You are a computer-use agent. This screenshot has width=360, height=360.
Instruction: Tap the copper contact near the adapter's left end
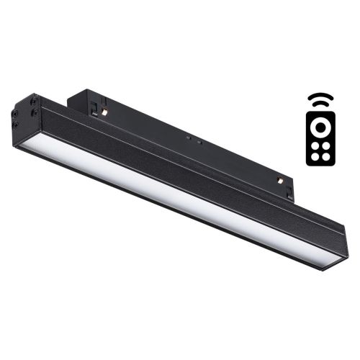point(105,112)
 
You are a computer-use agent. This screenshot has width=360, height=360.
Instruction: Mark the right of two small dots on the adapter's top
point(196,140)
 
